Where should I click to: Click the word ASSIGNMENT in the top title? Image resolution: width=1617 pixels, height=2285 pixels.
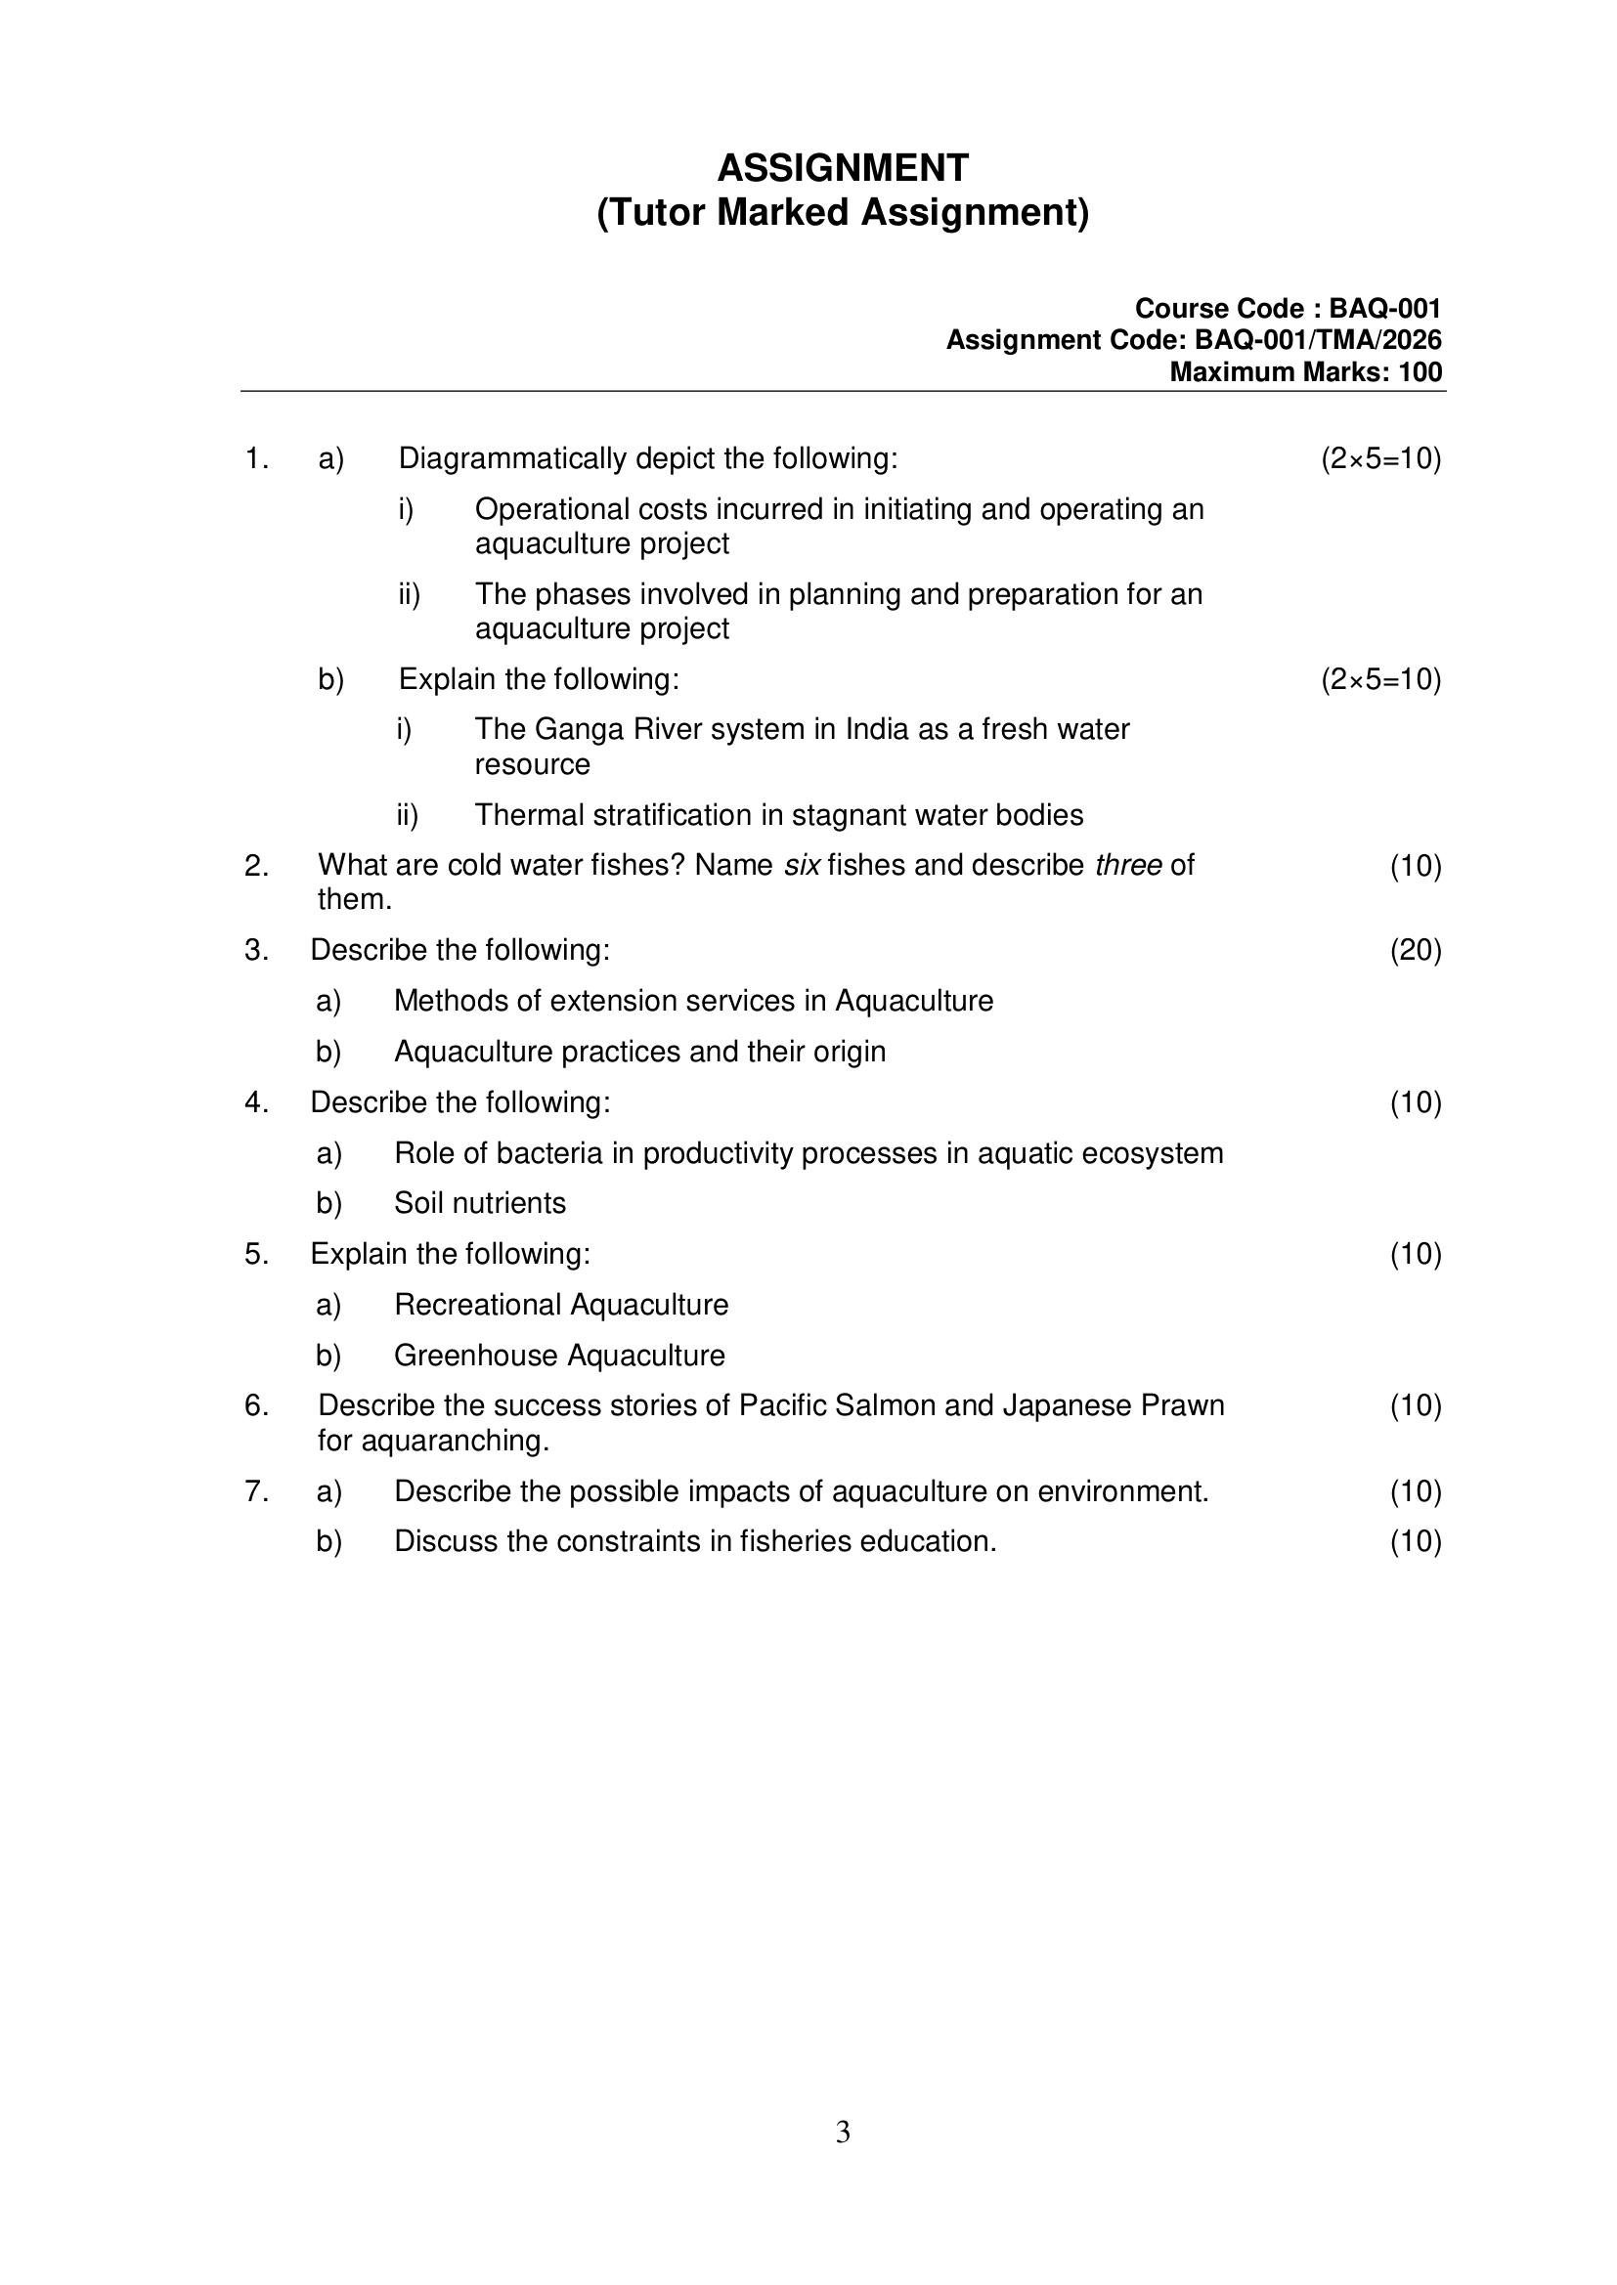tap(843, 168)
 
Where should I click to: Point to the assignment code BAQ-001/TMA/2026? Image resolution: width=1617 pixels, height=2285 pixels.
tap(1317, 340)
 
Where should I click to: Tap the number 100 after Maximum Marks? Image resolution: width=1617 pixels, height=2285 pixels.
tap(1419, 372)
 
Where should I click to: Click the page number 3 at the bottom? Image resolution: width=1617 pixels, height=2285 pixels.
tap(843, 2132)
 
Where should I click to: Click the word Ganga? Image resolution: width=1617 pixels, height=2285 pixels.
tap(580, 729)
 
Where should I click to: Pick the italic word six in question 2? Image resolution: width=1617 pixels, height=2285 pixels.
tap(802, 866)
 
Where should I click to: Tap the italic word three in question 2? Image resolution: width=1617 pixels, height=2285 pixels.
tap(1128, 866)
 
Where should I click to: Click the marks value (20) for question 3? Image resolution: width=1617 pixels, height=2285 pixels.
tap(1415, 950)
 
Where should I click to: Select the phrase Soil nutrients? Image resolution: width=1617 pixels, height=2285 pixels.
tap(480, 1203)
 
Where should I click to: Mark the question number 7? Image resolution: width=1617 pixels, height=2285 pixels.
tap(256, 1491)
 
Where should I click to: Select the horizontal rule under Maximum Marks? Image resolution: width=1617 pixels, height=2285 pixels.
tap(843, 391)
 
